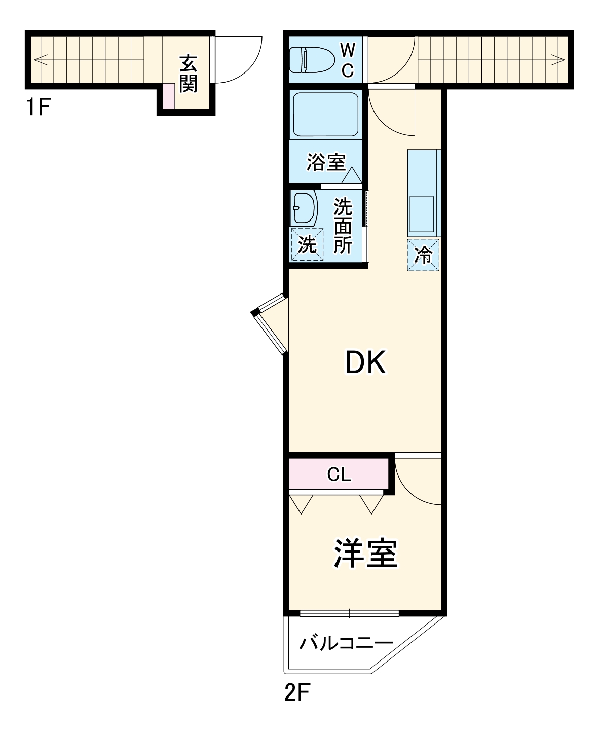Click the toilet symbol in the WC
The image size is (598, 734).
coord(311,59)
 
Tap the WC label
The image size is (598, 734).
coord(347,60)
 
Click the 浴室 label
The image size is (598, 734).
coord(326,162)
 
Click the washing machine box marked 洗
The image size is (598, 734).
coord(307,244)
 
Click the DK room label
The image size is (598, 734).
coord(365,362)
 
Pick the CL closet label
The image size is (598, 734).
coord(339,474)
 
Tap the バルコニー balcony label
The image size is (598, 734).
coord(346,643)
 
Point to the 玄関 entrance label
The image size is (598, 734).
coord(188,74)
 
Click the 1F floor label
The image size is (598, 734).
coord(39,107)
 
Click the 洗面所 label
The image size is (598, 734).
coord(343,226)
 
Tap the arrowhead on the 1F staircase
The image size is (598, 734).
coord(38,59)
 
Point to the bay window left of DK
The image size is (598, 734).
coord(270,324)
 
